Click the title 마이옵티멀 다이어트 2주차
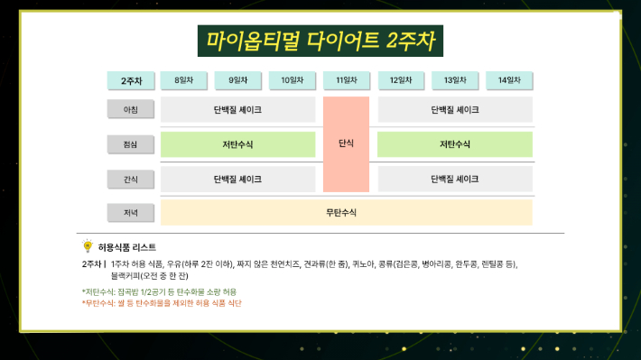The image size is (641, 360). (x=320, y=41)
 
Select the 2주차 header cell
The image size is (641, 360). (x=130, y=81)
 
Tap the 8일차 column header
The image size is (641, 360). (x=184, y=81)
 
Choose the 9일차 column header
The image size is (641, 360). (x=238, y=81)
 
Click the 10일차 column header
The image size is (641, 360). (x=293, y=81)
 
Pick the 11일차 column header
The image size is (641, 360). (x=347, y=81)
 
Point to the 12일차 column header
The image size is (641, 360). (x=401, y=81)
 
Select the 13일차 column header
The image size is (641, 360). (x=455, y=81)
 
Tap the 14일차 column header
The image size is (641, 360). (x=509, y=81)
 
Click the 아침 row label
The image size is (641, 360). (x=130, y=110)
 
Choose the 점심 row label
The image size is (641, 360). (x=130, y=144)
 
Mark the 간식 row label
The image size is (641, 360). (x=130, y=179)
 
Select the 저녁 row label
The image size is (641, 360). (x=130, y=213)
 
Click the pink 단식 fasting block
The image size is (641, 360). (x=347, y=143)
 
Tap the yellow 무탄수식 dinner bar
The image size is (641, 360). (x=347, y=213)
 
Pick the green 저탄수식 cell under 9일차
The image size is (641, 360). (x=238, y=144)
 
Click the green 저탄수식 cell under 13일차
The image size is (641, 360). (x=455, y=144)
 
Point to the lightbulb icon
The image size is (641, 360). (x=88, y=245)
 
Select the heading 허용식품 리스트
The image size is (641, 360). (x=126, y=246)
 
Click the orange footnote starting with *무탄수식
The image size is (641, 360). (x=162, y=303)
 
